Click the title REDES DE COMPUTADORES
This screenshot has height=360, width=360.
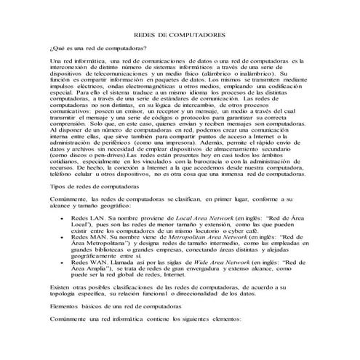180,36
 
